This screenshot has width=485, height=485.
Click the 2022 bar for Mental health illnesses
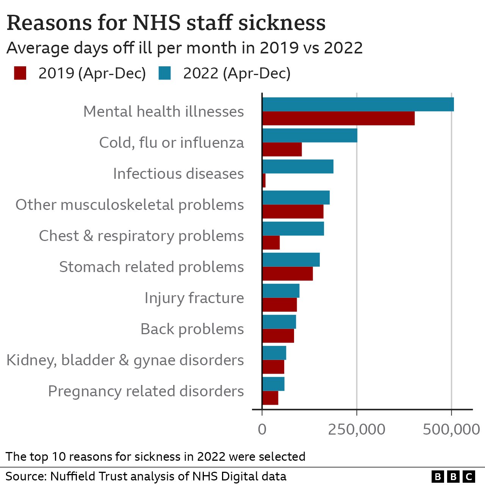click(358, 105)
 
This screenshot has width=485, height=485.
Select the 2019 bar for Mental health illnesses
click(338, 118)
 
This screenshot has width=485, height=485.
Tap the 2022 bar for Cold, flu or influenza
click(310, 136)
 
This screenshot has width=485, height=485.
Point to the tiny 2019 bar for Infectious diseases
click(264, 180)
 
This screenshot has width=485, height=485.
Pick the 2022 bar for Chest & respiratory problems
click(293, 229)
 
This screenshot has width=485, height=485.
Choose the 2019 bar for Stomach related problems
click(288, 274)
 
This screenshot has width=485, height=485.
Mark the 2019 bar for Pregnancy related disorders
click(270, 398)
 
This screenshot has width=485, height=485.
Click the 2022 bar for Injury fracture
click(281, 291)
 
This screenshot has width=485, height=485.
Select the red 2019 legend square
click(20, 73)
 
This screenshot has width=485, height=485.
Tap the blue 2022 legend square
click(165, 73)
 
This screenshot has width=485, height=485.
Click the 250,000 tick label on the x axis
click(357, 430)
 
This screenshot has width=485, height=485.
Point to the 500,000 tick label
click(451, 430)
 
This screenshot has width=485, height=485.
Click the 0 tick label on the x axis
click(262, 430)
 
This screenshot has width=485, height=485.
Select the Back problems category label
click(192, 329)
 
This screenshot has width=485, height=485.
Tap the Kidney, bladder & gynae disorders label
click(125, 360)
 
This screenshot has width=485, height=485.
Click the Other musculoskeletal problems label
click(130, 205)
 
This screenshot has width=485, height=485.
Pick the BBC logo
click(453, 476)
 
